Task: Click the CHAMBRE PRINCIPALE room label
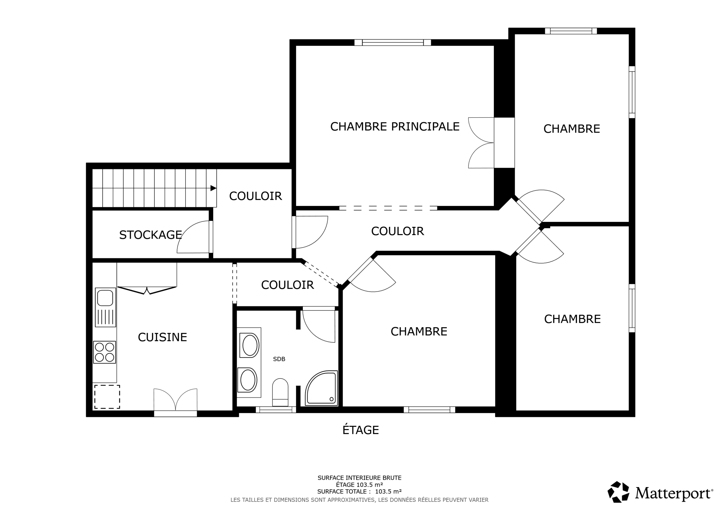pyautogui.click(x=395, y=127)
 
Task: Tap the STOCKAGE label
pyautogui.click(x=150, y=235)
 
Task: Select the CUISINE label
pyautogui.click(x=162, y=337)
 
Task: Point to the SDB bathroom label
pyautogui.click(x=279, y=359)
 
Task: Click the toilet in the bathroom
pyautogui.click(x=280, y=392)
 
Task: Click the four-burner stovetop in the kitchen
pyautogui.click(x=105, y=352)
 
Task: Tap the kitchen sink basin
pyautogui.click(x=105, y=298)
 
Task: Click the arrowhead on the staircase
pyautogui.click(x=213, y=188)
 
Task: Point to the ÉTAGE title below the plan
pyautogui.click(x=360, y=430)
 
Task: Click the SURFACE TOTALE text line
pyautogui.click(x=359, y=491)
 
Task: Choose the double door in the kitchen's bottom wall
pyautogui.click(x=175, y=402)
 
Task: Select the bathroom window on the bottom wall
pyautogui.click(x=276, y=410)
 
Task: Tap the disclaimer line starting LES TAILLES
pyautogui.click(x=359, y=500)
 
